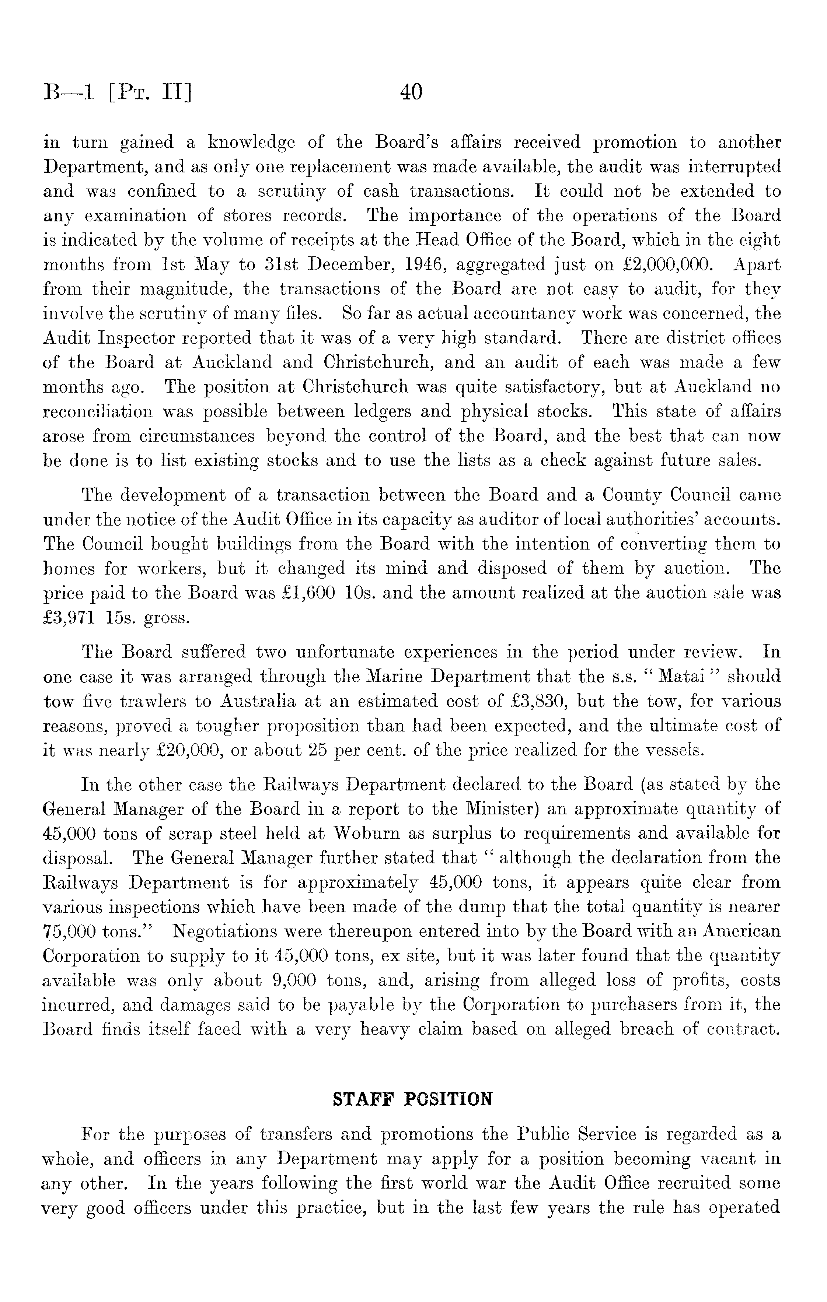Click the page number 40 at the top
[411, 93]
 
